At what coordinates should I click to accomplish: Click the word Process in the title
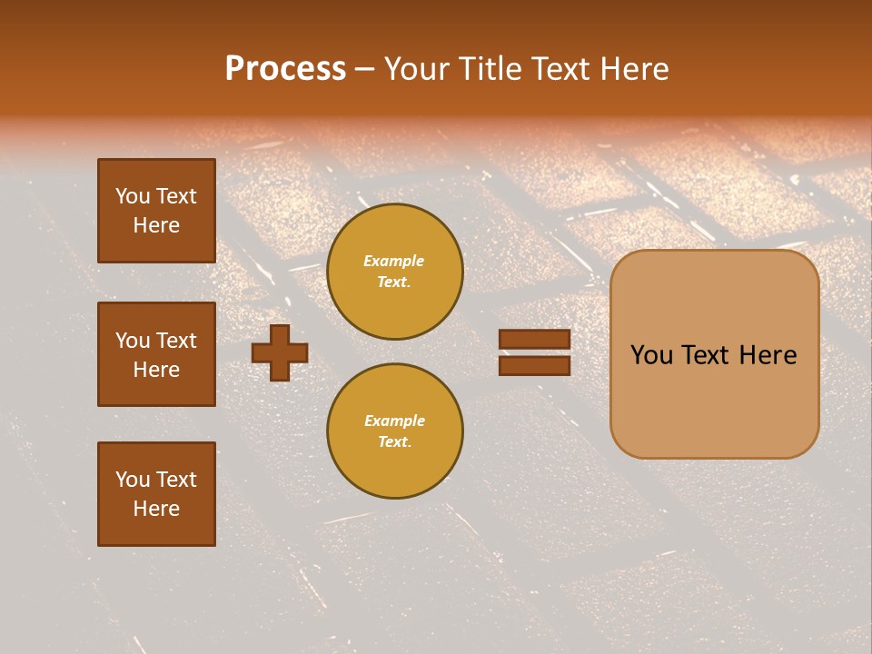[x=285, y=69]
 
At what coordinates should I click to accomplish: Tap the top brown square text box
[x=156, y=211]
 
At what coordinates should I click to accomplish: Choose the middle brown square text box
[x=156, y=354]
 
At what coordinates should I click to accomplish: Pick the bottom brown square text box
[x=156, y=494]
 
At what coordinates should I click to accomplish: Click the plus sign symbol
[x=280, y=353]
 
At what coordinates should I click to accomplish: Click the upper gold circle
[x=395, y=272]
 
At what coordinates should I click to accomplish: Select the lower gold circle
[x=395, y=431]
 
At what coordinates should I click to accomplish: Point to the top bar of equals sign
[x=535, y=340]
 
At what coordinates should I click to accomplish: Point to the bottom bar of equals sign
[x=535, y=365]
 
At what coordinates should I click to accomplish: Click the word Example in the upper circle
[x=394, y=261]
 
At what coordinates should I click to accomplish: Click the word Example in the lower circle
[x=394, y=421]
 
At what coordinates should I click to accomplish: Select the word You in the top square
[x=133, y=196]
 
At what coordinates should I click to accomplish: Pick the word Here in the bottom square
[x=156, y=509]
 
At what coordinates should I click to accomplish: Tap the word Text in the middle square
[x=176, y=341]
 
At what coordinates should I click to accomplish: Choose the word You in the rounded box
[x=652, y=355]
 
